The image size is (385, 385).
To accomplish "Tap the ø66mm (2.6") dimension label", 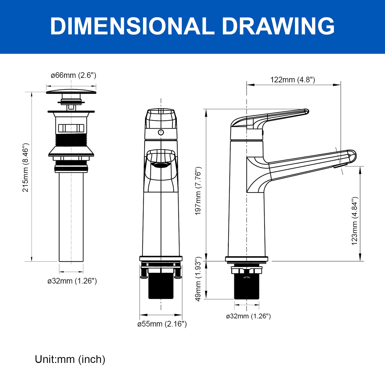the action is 73,75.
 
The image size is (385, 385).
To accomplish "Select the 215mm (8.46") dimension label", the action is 26,168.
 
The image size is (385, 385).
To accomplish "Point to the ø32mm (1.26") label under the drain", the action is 72,281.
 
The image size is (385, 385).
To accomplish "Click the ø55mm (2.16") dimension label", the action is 162,324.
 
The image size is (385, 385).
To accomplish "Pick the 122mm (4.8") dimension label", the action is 293,80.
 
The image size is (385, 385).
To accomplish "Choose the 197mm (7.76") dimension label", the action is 198,191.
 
